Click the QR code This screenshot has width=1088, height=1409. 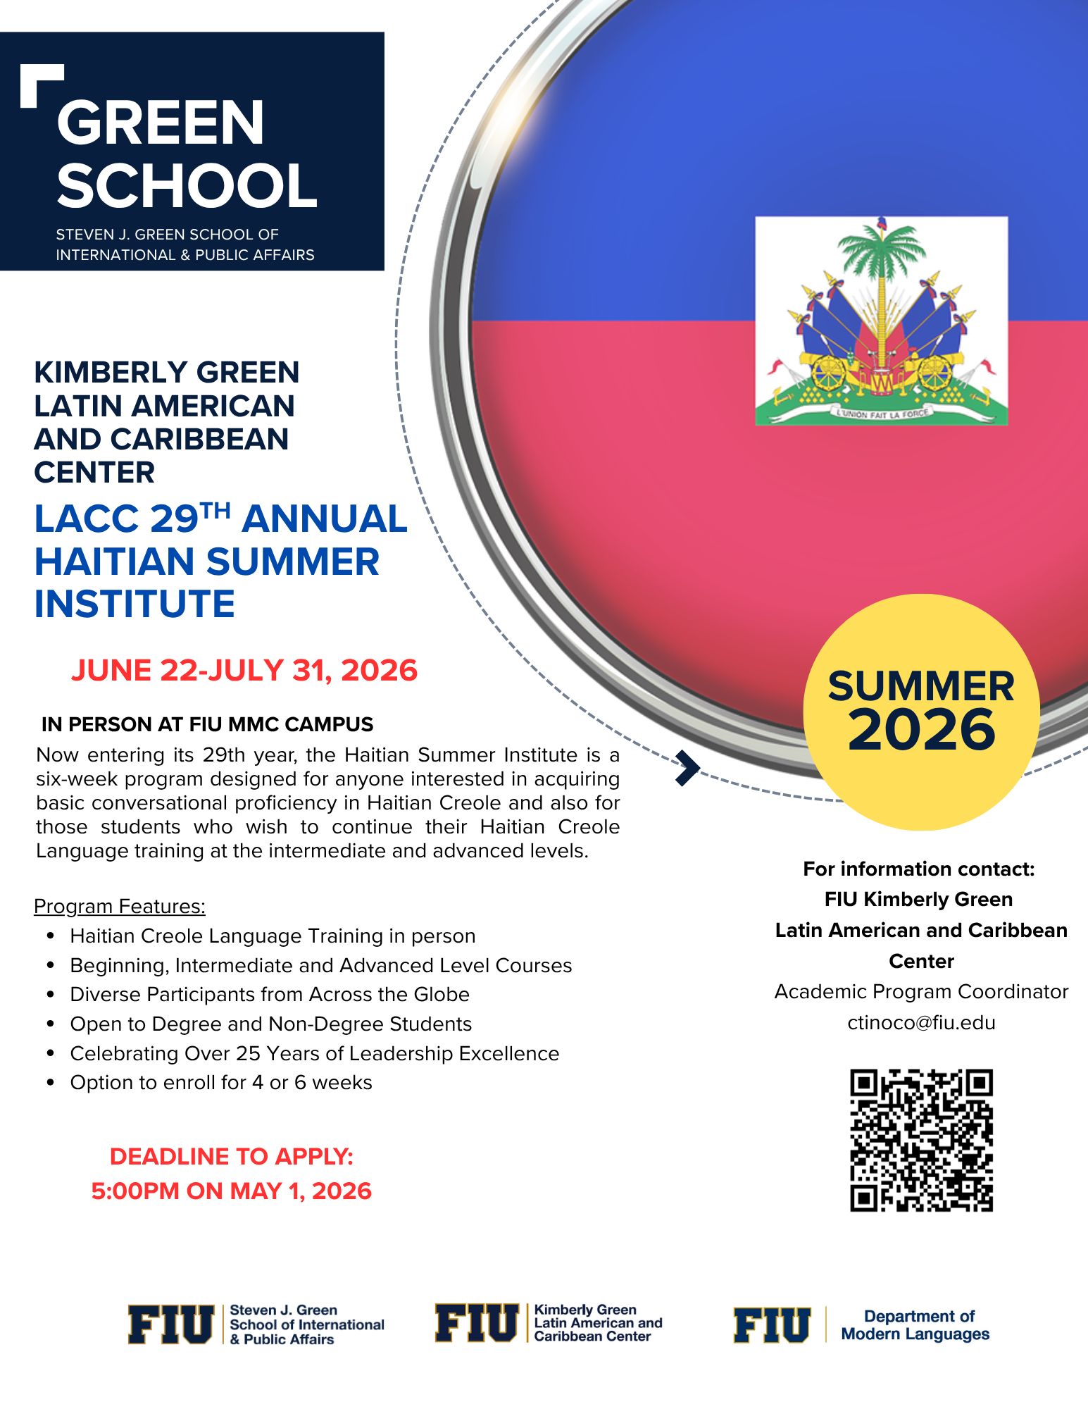921,1140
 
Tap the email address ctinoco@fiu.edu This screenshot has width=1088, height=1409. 921,1022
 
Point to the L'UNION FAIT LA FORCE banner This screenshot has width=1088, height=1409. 881,414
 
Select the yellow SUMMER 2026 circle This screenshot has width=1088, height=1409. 921,712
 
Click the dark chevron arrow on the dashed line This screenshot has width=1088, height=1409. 687,768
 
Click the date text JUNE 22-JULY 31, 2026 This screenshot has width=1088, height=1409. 244,670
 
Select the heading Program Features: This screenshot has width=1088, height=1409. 120,906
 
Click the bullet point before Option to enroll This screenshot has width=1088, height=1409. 51,1083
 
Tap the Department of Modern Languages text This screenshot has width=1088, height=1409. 915,1325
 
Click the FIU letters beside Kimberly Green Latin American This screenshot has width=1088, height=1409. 477,1323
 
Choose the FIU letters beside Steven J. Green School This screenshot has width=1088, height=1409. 170,1324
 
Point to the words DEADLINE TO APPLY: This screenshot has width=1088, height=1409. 231,1156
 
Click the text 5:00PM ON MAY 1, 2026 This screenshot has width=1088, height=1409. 231,1191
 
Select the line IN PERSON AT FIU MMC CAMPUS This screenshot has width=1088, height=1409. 207,724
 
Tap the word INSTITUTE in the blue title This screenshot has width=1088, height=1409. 135,604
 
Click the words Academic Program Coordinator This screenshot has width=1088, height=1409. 921,991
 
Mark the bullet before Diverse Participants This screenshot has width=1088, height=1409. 51,995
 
